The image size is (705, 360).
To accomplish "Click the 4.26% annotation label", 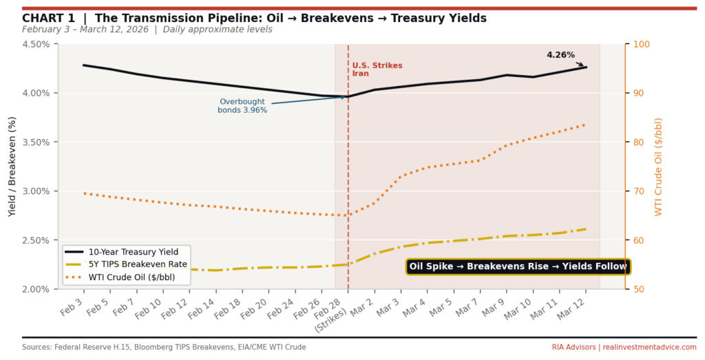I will click(560, 55).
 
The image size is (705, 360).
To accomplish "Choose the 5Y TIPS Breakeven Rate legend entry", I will click(131, 265).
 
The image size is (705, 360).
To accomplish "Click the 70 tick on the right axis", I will click(637, 191).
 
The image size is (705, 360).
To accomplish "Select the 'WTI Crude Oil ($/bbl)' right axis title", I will click(658, 166).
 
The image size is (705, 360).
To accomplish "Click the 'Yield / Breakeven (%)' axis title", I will click(12, 166).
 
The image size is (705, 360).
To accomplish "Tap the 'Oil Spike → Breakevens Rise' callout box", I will click(518, 266).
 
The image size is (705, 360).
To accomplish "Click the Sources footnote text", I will click(164, 347).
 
